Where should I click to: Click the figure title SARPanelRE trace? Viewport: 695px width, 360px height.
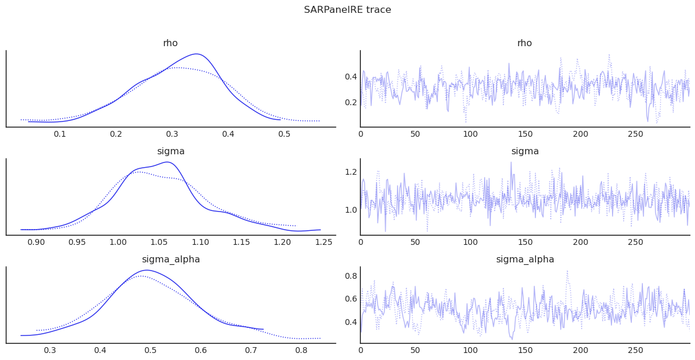coord(347,10)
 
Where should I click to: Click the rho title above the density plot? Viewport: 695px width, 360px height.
coord(170,43)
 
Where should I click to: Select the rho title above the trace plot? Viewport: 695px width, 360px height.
coord(524,43)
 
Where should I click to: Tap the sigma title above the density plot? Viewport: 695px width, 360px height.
coord(170,151)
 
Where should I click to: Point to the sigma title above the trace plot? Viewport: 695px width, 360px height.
coord(524,151)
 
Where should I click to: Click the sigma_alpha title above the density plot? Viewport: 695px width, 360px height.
coord(170,259)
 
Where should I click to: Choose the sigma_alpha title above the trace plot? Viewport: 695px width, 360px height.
coord(524,259)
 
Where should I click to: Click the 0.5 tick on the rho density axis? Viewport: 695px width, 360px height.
coord(284,134)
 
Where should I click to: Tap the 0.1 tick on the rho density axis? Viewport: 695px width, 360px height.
coord(60,134)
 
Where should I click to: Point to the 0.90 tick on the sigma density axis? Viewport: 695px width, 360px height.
coord(36,242)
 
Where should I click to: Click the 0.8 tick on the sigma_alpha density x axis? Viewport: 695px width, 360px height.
coord(301,350)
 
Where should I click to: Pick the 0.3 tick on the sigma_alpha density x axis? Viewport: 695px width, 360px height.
coord(50,350)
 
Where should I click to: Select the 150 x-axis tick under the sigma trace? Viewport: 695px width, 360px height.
coord(525,242)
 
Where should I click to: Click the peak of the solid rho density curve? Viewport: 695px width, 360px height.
coord(198,54)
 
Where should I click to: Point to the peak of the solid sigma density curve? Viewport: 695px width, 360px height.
coord(167,162)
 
